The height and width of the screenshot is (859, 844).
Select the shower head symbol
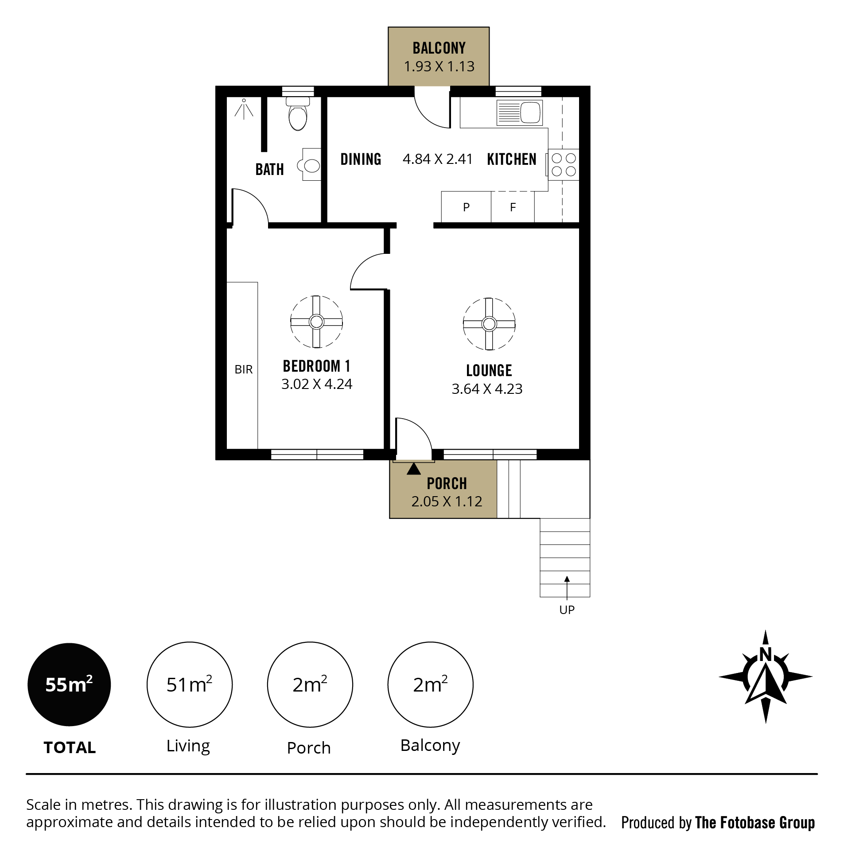tap(244, 109)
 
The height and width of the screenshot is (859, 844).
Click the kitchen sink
tap(520, 113)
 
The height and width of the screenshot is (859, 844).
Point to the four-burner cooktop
tap(563, 164)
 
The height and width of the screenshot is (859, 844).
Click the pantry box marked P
tap(466, 207)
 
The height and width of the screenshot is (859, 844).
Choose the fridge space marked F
tap(513, 207)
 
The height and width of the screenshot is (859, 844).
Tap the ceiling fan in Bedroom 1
tap(316, 322)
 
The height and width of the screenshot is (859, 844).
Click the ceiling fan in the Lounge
tap(489, 324)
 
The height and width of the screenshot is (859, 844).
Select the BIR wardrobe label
tap(243, 369)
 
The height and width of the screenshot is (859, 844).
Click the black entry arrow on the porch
tap(413, 469)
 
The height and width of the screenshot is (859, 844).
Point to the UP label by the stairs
tap(567, 610)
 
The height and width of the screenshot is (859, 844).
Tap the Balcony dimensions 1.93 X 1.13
tap(439, 66)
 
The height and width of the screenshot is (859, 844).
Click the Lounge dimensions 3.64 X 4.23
tap(487, 389)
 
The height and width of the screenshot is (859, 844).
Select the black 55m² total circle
tap(69, 684)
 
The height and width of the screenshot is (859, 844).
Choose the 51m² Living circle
tap(190, 684)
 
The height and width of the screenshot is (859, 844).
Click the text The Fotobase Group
tap(755, 823)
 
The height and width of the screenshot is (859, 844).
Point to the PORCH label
tap(447, 484)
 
